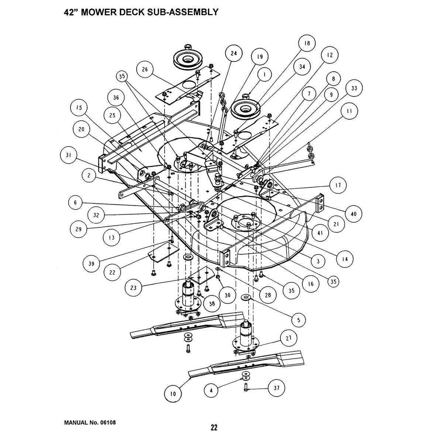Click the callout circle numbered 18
click(x=307, y=43)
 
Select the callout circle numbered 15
click(x=79, y=108)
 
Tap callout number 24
click(x=234, y=54)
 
